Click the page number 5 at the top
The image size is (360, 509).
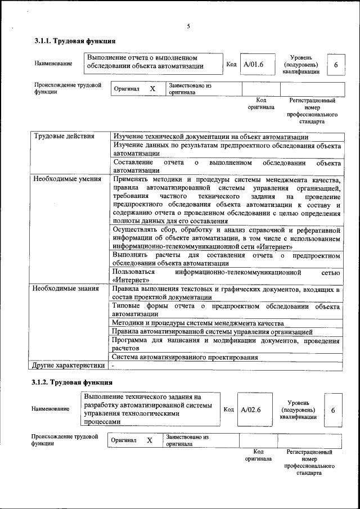188,26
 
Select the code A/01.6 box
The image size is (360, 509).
254,65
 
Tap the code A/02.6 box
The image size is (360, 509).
251,409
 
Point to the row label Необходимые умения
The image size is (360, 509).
64,179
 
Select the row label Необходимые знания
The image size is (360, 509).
63,289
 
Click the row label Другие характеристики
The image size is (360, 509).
68,365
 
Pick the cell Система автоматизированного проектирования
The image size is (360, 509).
185,357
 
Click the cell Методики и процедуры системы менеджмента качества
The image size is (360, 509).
198,323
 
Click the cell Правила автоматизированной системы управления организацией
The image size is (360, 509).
213,332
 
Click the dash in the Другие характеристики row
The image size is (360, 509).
113,366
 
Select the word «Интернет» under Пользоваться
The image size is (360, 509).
130,280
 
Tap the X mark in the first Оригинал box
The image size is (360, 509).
152,89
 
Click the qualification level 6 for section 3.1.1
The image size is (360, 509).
336,65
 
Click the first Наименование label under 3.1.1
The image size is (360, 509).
53,64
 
